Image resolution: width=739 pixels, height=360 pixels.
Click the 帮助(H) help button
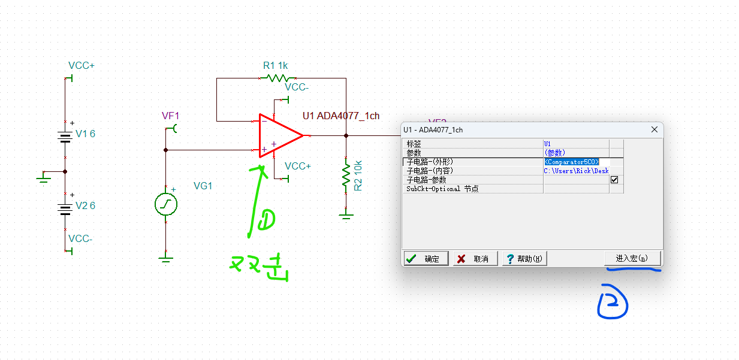(x=524, y=259)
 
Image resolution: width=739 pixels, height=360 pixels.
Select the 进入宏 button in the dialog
(x=632, y=258)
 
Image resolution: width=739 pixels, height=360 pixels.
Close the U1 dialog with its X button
(x=654, y=129)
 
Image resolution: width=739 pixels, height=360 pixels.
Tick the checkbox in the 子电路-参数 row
(x=614, y=180)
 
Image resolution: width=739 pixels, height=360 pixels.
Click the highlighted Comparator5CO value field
(x=572, y=162)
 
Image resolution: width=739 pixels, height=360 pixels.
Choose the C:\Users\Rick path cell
(x=576, y=171)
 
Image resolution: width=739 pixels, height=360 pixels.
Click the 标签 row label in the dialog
(x=414, y=144)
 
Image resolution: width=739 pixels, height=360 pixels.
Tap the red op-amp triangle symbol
(x=279, y=136)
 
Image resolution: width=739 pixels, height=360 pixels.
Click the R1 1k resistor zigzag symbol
(x=277, y=78)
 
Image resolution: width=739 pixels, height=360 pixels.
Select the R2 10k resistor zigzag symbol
(x=346, y=176)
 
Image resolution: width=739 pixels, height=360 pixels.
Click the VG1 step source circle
(x=166, y=204)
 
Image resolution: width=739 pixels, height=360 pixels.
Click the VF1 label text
(x=170, y=116)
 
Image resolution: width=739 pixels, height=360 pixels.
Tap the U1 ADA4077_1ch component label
(x=341, y=116)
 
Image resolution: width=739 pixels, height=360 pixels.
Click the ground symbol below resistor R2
(x=346, y=214)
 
